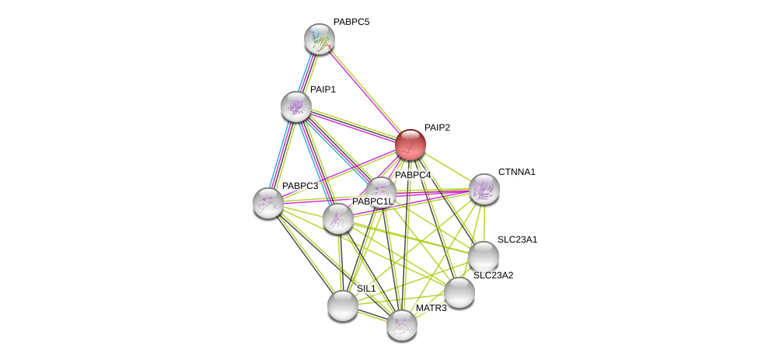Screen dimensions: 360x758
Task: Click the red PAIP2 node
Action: click(410, 145)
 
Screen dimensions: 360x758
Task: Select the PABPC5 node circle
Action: click(319, 39)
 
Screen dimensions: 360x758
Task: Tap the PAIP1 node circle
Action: click(296, 107)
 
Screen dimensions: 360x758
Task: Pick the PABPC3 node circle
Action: click(268, 203)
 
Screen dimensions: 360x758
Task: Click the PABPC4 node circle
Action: click(380, 190)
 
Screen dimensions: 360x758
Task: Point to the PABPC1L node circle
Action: click(338, 218)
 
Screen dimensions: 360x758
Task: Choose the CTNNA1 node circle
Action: click(484, 189)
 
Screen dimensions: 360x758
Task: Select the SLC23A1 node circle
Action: click(483, 257)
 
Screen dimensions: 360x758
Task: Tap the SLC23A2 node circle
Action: click(459, 292)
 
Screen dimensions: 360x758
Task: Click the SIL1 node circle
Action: click(342, 305)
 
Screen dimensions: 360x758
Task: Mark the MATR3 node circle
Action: click(402, 325)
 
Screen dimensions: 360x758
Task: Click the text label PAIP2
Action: click(437, 128)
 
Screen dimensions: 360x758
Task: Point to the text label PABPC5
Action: click(351, 22)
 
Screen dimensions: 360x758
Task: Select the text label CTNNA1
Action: click(517, 172)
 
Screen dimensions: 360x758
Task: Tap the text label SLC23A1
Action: click(518, 239)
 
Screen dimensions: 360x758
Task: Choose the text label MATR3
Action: click(431, 309)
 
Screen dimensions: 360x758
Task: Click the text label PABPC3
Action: click(300, 187)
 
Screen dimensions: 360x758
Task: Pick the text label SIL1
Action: click(366, 288)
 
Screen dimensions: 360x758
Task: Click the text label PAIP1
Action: click(323, 89)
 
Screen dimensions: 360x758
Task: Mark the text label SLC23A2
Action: click(494, 275)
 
